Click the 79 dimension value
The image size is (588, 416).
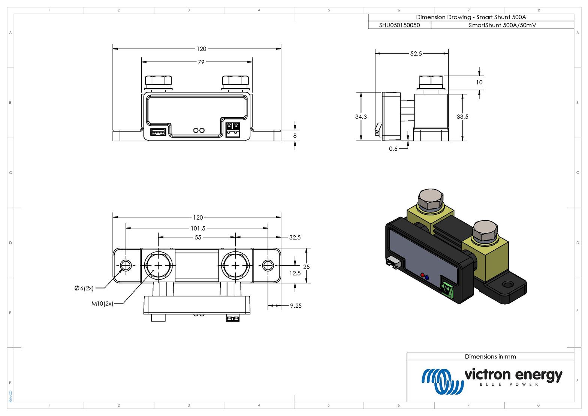[x=201, y=62]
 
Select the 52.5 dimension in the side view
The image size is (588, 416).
[x=416, y=54]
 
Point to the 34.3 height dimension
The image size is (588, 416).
[x=361, y=117]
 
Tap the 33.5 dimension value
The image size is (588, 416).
[x=462, y=117]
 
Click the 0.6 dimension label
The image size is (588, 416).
[x=393, y=149]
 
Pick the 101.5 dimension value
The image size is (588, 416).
[x=198, y=228]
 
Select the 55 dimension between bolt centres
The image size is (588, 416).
[x=198, y=238]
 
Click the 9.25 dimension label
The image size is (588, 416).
[x=296, y=306]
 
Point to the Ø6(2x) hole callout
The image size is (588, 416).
[x=84, y=288]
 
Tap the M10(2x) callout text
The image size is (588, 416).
[x=102, y=304]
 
